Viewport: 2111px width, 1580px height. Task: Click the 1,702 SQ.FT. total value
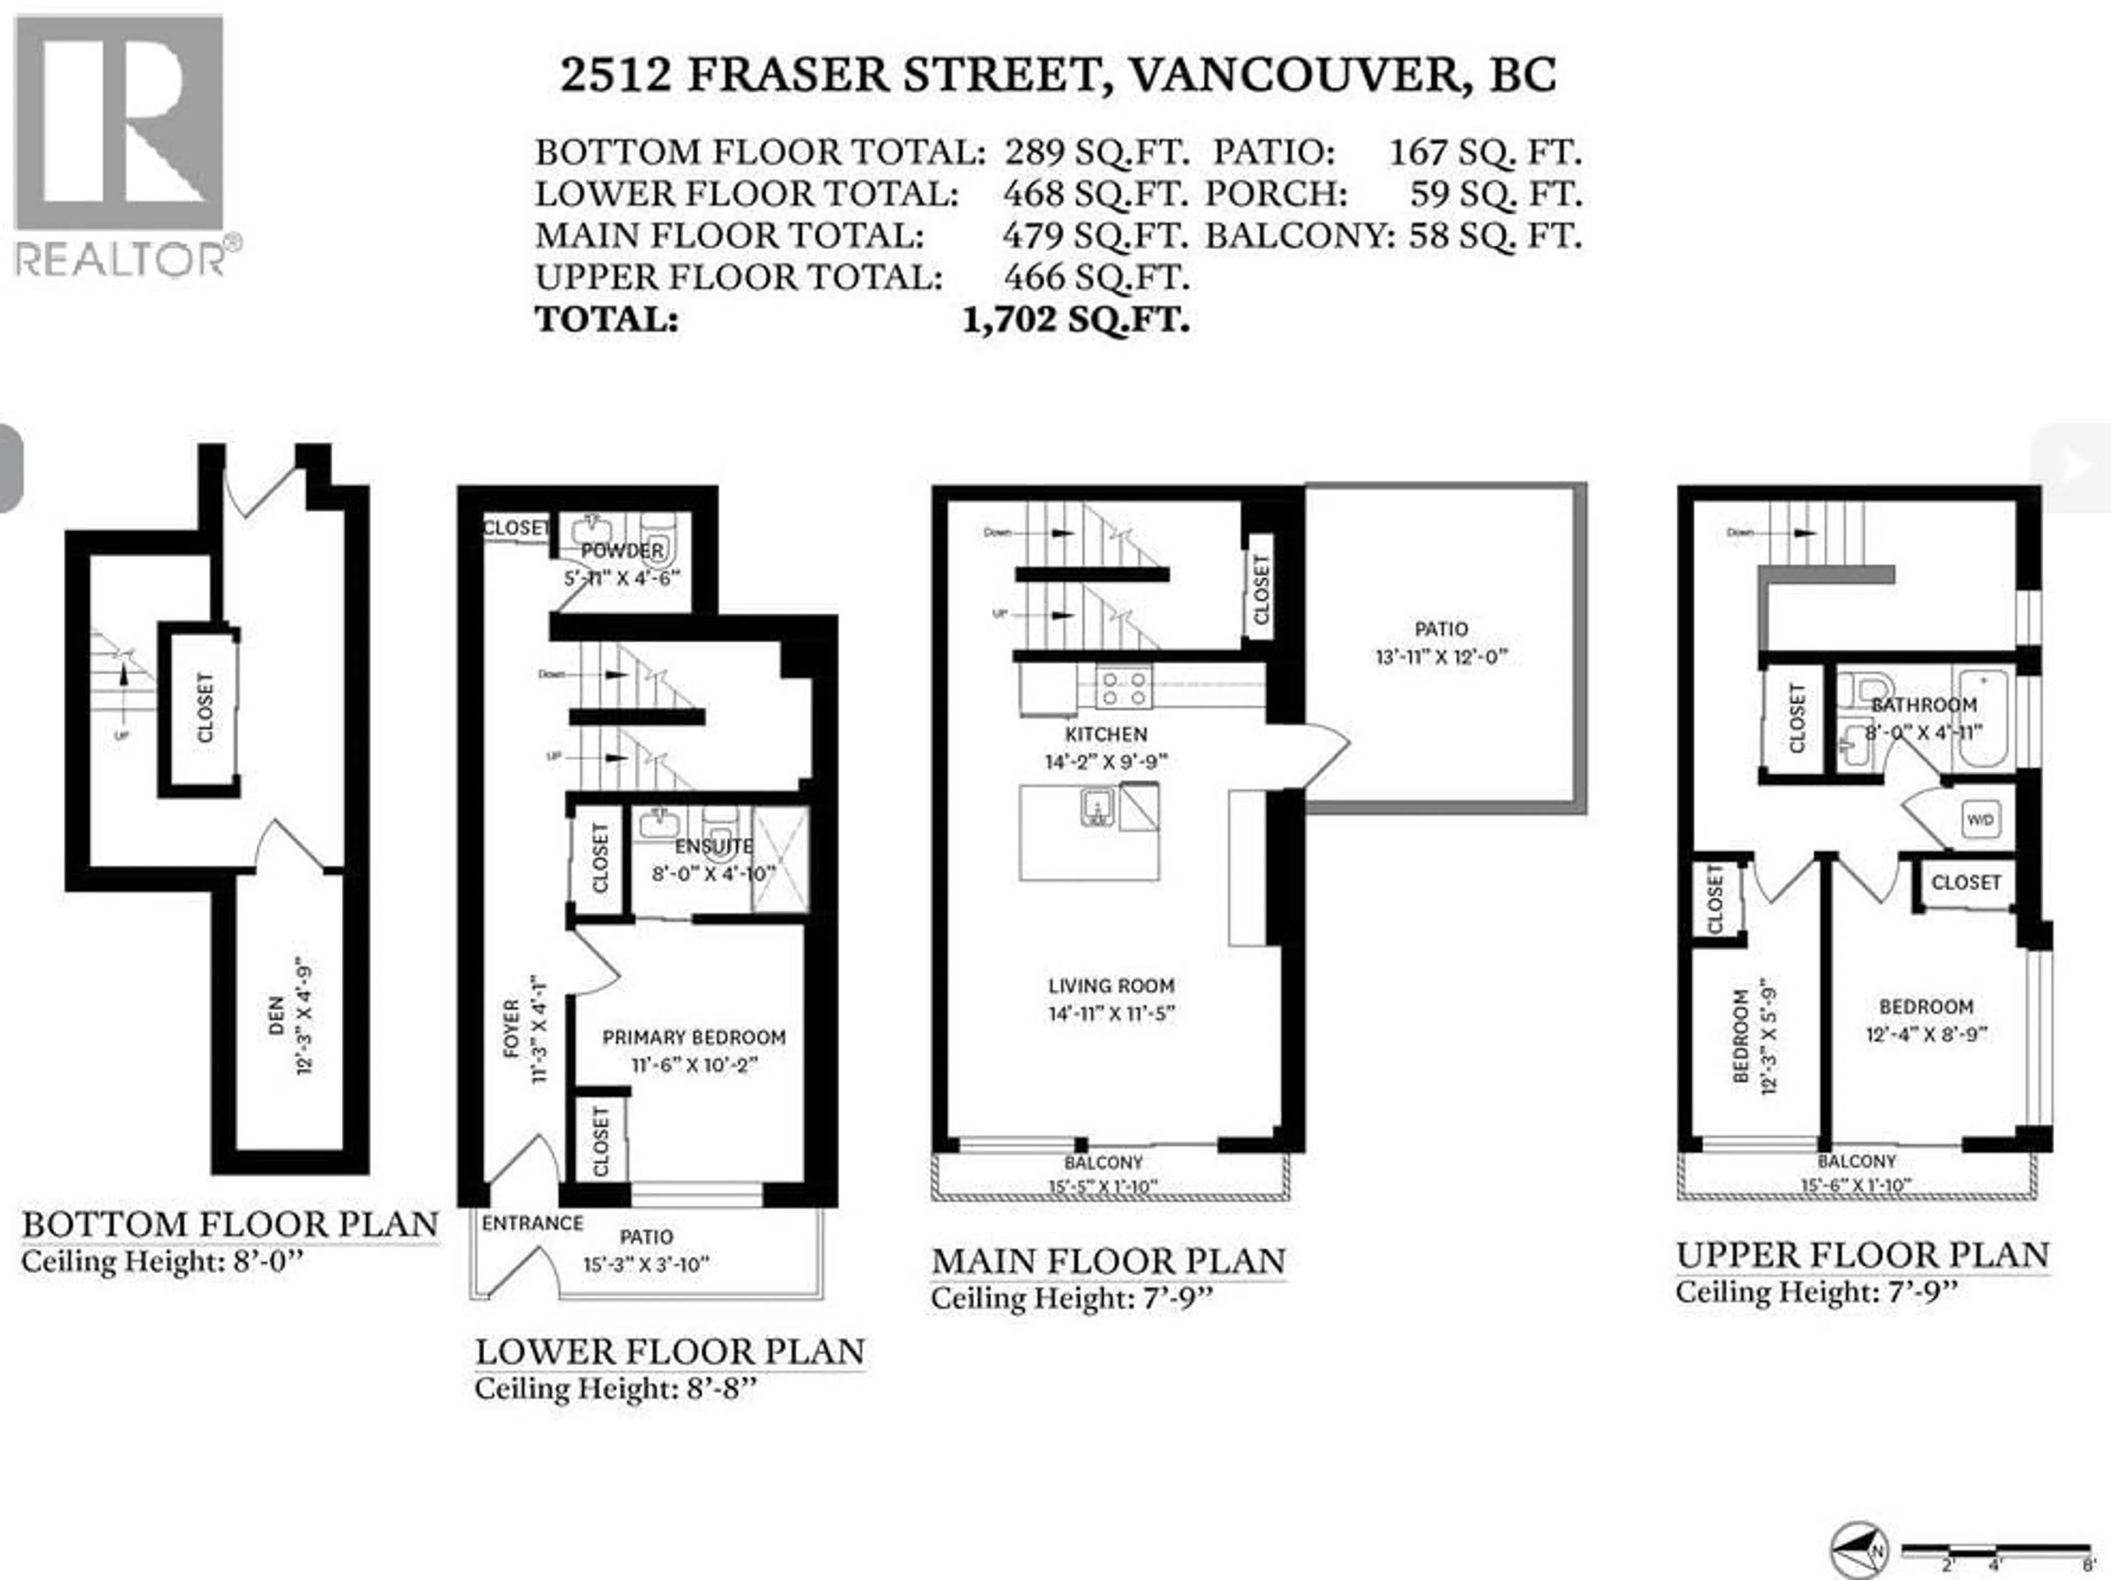click(1075, 320)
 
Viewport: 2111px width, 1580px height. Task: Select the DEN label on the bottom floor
click(277, 1016)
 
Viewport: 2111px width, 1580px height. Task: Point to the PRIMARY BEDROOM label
click(694, 1037)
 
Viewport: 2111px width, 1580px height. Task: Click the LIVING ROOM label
click(1111, 985)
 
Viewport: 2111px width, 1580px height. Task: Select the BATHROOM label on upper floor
click(1924, 705)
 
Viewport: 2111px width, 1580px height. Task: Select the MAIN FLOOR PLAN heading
click(1108, 1261)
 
